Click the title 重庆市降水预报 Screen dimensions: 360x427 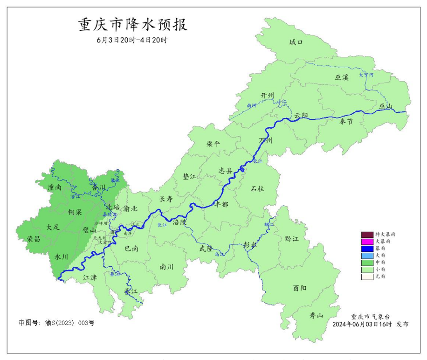(133, 25)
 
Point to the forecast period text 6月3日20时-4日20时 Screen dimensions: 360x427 (132, 40)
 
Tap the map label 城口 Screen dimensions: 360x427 (296, 42)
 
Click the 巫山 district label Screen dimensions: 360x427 (386, 107)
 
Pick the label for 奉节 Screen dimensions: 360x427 (346, 121)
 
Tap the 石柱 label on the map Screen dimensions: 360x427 (257, 189)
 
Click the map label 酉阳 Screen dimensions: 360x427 (300, 288)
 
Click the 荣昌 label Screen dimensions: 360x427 (34, 239)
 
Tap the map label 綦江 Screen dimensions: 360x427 (131, 291)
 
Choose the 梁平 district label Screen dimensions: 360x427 (213, 144)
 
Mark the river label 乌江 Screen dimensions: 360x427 (219, 255)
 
